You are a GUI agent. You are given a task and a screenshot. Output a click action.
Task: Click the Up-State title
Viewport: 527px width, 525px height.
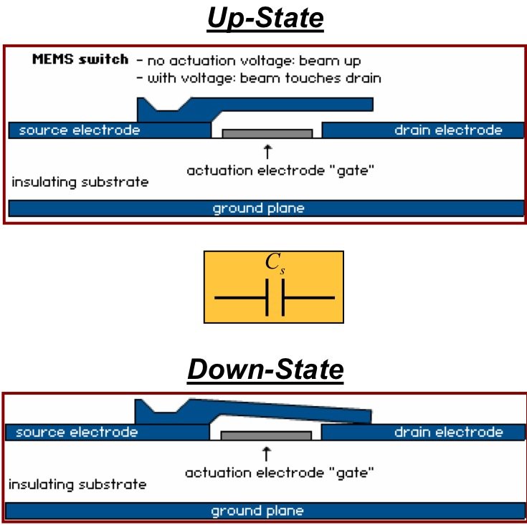pyautogui.click(x=265, y=19)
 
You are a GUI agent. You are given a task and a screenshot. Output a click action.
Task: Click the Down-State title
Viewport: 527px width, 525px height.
pyautogui.click(x=265, y=370)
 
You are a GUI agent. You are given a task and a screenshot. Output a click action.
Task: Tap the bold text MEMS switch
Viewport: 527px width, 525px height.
pyautogui.click(x=80, y=59)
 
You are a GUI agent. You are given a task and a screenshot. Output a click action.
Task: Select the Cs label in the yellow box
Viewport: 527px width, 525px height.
pyautogui.click(x=275, y=263)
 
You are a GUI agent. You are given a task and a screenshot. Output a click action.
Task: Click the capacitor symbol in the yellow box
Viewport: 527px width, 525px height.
pyautogui.click(x=275, y=297)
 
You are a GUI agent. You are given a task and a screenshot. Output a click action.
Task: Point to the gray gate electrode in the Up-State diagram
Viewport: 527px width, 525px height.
pyautogui.click(x=267, y=133)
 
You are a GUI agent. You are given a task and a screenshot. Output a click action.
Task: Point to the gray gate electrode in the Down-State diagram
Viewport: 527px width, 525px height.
pyautogui.click(x=266, y=435)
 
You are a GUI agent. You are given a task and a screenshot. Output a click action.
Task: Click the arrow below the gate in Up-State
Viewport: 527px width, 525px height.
pyautogui.click(x=267, y=152)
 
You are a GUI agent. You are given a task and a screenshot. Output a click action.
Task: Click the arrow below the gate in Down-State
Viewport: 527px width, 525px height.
pyautogui.click(x=266, y=454)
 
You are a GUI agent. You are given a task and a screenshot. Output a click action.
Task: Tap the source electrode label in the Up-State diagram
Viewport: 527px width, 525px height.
pyautogui.click(x=80, y=130)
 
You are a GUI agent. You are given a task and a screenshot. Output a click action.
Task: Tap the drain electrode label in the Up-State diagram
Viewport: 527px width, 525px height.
pyautogui.click(x=448, y=130)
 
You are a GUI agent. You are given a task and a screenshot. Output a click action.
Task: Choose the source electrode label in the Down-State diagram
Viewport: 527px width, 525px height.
pyautogui.click(x=77, y=433)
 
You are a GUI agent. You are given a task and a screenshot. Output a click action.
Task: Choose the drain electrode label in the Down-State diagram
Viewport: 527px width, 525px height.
pyautogui.click(x=449, y=433)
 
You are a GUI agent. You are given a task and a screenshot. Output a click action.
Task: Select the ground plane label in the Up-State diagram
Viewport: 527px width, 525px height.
pyautogui.click(x=258, y=208)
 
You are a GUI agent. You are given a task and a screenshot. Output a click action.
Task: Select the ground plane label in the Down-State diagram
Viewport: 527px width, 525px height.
pyautogui.click(x=257, y=511)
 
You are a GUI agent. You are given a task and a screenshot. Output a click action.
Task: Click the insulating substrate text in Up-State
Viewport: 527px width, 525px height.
pyautogui.click(x=80, y=182)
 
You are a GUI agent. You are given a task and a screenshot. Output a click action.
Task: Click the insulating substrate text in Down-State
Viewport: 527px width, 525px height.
pyautogui.click(x=77, y=485)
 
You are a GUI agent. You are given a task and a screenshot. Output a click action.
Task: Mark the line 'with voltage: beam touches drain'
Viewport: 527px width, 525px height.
pyautogui.click(x=260, y=78)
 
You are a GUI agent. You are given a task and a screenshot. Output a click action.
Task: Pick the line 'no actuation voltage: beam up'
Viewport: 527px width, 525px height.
pyautogui.click(x=249, y=61)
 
